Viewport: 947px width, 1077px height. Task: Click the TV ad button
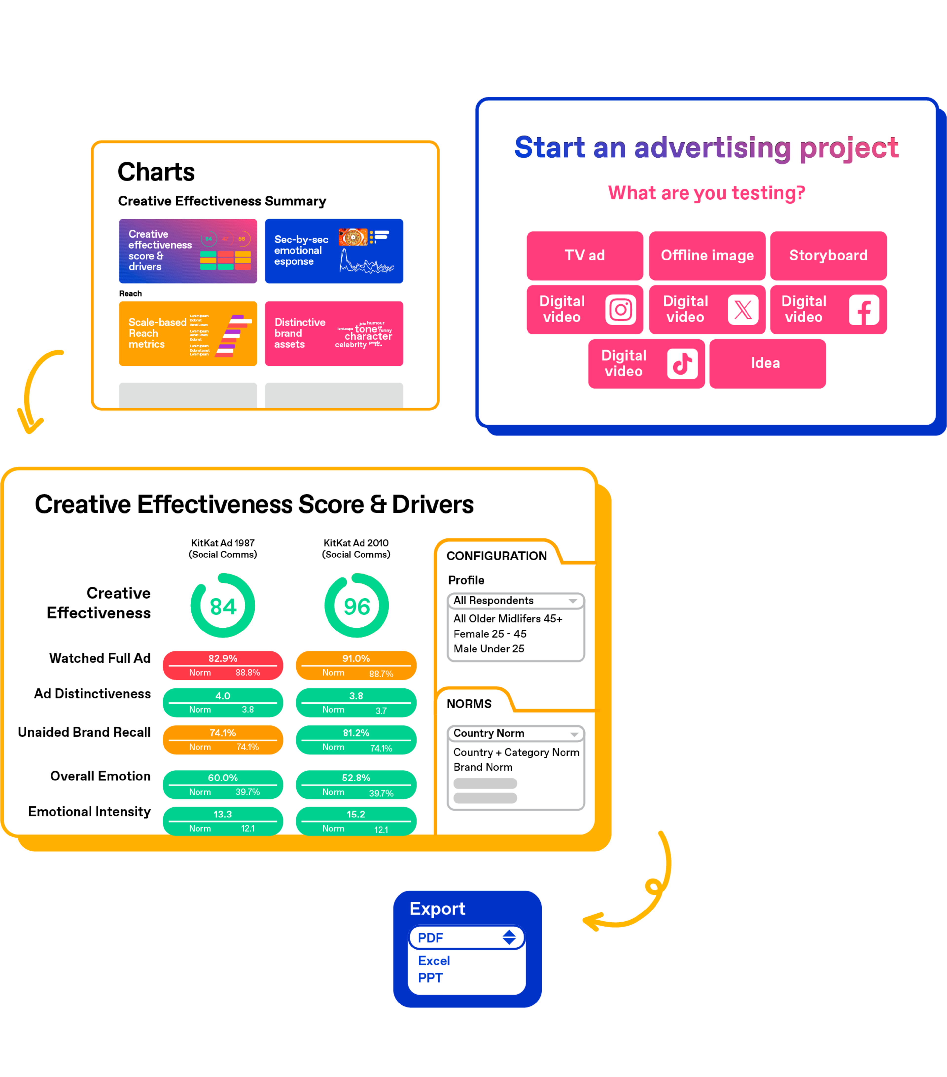coord(585,256)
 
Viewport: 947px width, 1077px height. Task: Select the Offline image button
coord(707,256)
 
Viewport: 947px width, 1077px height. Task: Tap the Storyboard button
coord(828,256)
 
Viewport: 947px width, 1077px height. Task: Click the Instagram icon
coord(620,310)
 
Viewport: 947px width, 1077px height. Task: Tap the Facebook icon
coord(864,310)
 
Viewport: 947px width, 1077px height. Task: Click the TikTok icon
coord(682,364)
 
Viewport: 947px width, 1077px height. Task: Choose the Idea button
coord(767,364)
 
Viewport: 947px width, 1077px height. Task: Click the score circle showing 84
coord(223,606)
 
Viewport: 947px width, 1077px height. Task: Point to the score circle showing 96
coord(357,606)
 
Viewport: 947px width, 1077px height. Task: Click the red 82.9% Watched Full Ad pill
coord(223,665)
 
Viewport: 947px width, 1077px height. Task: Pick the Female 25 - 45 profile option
coord(490,634)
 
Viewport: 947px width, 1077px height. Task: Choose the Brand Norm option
coord(483,767)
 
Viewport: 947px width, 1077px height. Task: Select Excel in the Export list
coord(434,961)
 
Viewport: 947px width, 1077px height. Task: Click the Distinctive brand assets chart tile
coord(334,334)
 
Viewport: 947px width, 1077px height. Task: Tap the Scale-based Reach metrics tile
coord(188,334)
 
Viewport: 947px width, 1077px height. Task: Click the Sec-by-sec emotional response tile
coord(334,251)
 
